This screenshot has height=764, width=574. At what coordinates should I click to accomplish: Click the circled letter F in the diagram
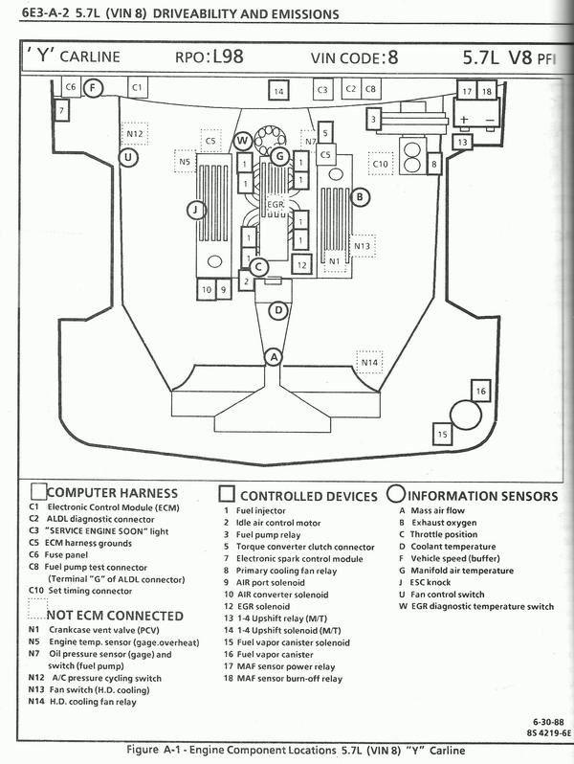[92, 89]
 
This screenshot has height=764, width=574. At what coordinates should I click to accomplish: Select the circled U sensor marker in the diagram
[128, 157]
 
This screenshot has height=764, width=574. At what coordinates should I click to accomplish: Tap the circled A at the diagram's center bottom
[274, 356]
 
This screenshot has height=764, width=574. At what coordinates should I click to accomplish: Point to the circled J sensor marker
[195, 209]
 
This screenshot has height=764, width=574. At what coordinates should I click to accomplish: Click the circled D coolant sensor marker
[277, 309]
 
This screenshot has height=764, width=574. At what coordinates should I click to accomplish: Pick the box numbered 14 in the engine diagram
[277, 92]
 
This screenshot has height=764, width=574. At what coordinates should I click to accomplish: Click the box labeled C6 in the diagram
[70, 87]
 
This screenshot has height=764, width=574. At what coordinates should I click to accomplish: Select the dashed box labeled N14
[369, 362]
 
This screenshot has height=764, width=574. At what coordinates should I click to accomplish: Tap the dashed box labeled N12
[133, 133]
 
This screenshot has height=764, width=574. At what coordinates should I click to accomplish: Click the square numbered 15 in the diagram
[442, 434]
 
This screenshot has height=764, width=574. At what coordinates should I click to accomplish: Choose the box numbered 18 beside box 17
[486, 91]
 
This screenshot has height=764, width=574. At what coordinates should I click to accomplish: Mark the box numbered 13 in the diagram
[461, 142]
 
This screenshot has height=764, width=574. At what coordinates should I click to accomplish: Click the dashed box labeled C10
[381, 164]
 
